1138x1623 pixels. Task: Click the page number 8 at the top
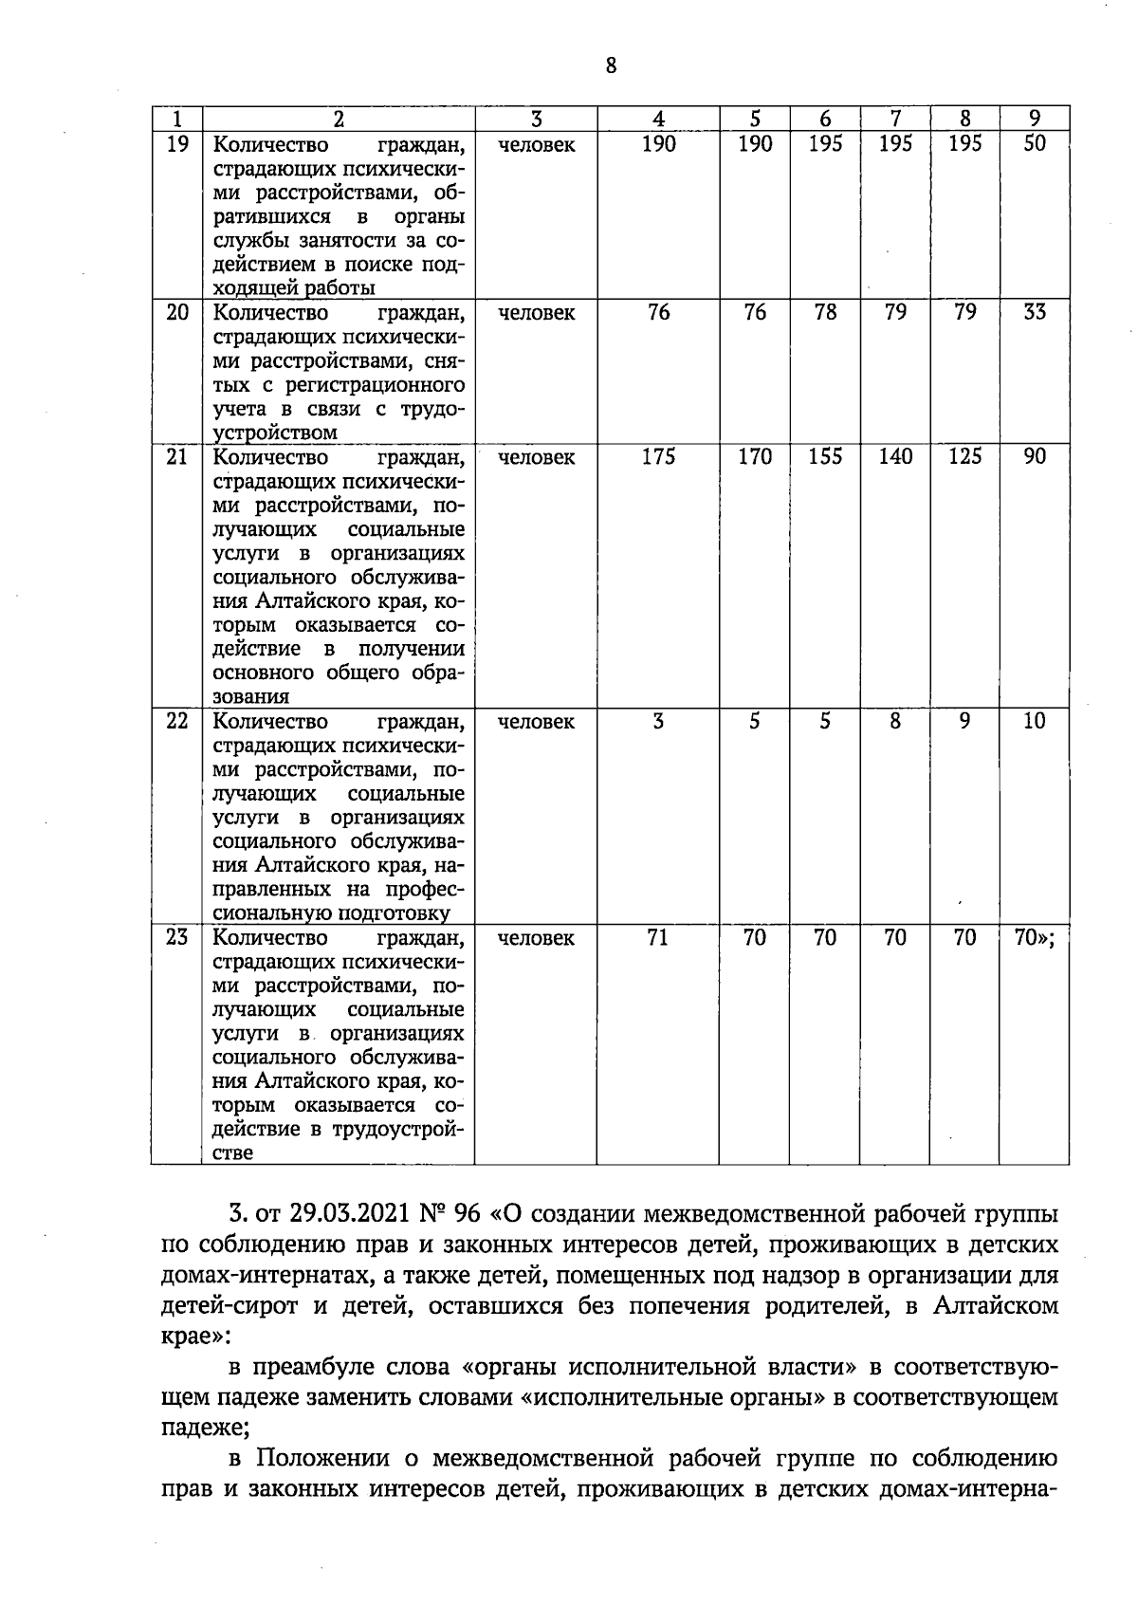click(x=610, y=65)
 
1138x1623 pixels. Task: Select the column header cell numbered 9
click(x=1035, y=119)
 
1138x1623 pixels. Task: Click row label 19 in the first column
click(x=177, y=145)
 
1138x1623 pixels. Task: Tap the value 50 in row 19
click(x=1035, y=144)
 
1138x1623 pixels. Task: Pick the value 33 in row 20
click(x=1035, y=312)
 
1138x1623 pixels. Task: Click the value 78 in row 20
click(x=825, y=312)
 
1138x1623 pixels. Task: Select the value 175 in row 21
click(x=658, y=456)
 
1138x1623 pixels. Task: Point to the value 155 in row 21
click(x=825, y=456)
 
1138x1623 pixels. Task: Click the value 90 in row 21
click(x=1035, y=456)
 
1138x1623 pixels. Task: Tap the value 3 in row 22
click(x=658, y=721)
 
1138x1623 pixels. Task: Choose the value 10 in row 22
click(x=1035, y=721)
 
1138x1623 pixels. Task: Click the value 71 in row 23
click(x=658, y=937)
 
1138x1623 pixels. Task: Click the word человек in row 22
click(x=536, y=722)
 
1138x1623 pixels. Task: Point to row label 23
click(x=177, y=937)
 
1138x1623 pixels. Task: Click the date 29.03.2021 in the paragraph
click(x=334, y=1215)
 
